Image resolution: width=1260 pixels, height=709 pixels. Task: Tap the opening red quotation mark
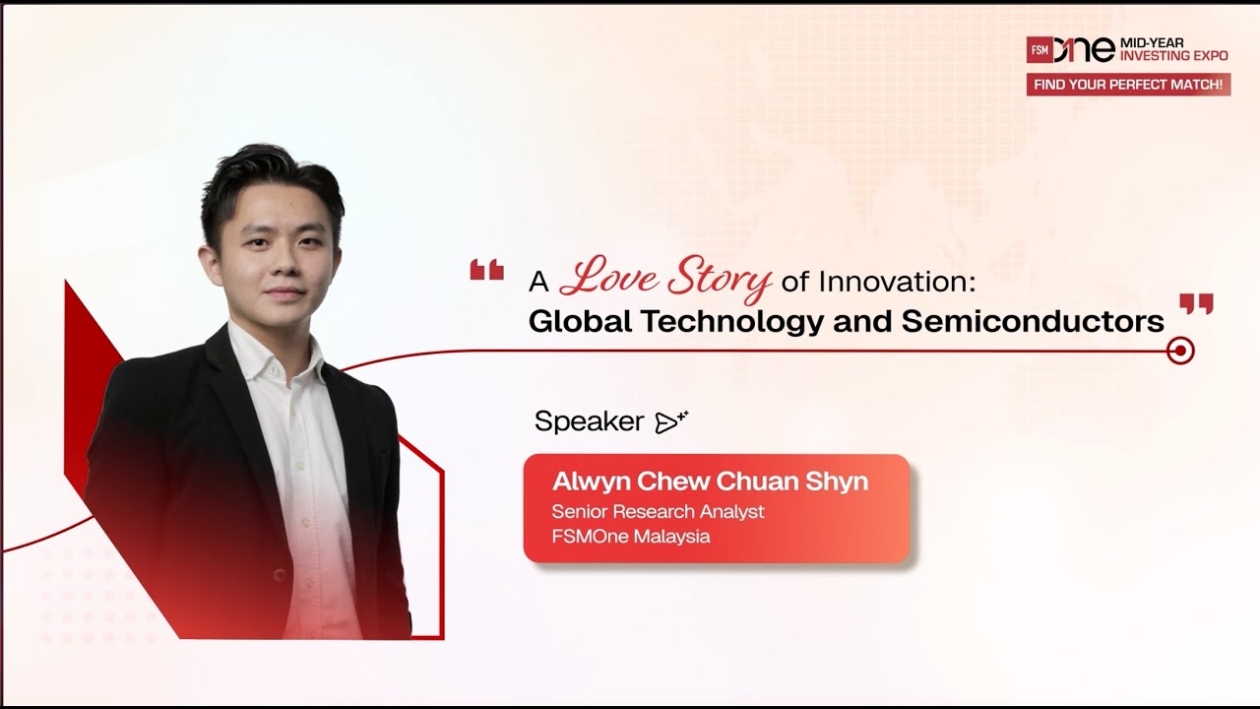pyautogui.click(x=486, y=270)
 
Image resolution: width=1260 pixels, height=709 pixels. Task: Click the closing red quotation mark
pyautogui.click(x=1196, y=303)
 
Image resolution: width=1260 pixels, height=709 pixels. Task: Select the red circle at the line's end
pyautogui.click(x=1179, y=351)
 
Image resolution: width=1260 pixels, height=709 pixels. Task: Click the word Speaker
pyautogui.click(x=589, y=421)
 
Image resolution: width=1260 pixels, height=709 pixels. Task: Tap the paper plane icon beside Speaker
pyautogui.click(x=670, y=422)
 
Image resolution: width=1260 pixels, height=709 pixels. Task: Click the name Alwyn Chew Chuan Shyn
pyautogui.click(x=710, y=482)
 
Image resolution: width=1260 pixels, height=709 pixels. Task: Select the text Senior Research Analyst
pyautogui.click(x=658, y=512)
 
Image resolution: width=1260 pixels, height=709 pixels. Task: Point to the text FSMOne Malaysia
pyautogui.click(x=630, y=537)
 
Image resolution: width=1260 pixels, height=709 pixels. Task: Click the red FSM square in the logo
pyautogui.click(x=1039, y=49)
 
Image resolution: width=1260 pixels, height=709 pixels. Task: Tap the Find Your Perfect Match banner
pyautogui.click(x=1128, y=85)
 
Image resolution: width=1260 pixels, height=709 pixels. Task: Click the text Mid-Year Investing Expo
pyautogui.click(x=1173, y=49)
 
